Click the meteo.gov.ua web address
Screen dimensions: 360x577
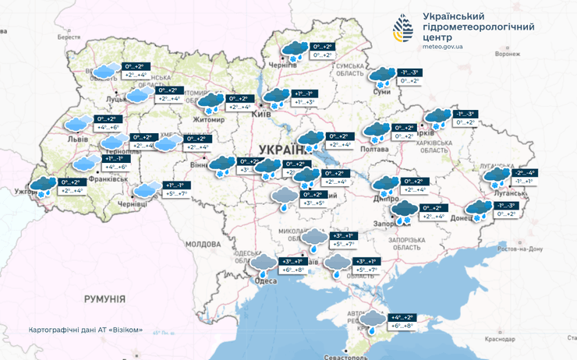click(442, 47)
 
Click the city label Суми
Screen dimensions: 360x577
click(382, 92)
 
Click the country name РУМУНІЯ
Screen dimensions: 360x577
click(104, 299)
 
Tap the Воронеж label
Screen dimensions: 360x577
click(507, 55)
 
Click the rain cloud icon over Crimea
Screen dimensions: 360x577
click(373, 320)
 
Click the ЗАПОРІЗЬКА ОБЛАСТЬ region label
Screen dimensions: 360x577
click(408, 243)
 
